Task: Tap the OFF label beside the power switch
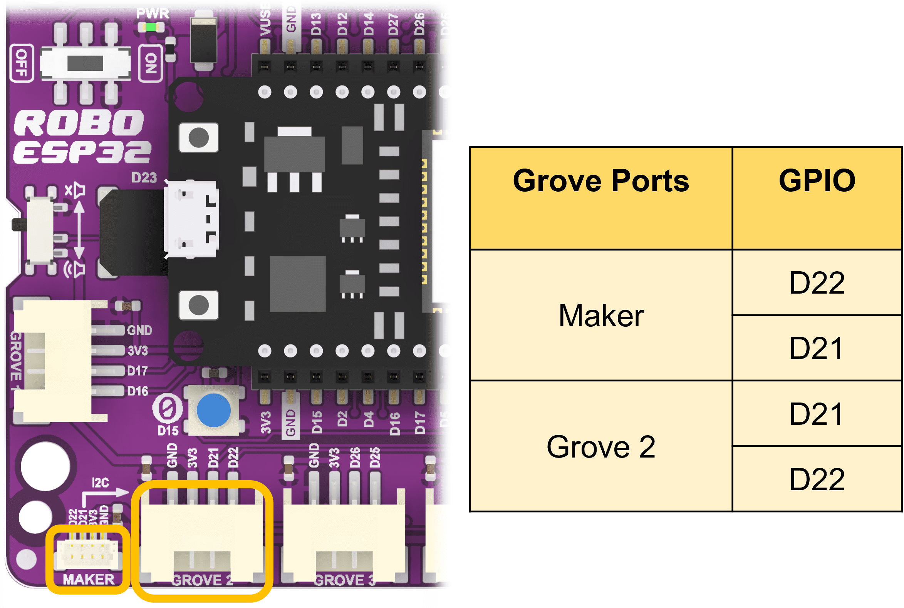pos(21,63)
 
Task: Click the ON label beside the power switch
pos(151,63)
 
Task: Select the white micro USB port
pos(191,219)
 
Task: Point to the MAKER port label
pos(89,579)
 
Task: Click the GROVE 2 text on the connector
pos(202,580)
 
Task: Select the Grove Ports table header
pos(601,181)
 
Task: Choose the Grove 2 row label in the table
pos(601,447)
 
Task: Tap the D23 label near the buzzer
pos(144,178)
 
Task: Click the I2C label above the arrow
pos(100,483)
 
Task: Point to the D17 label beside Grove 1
pos(138,371)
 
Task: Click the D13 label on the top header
pos(316,24)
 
